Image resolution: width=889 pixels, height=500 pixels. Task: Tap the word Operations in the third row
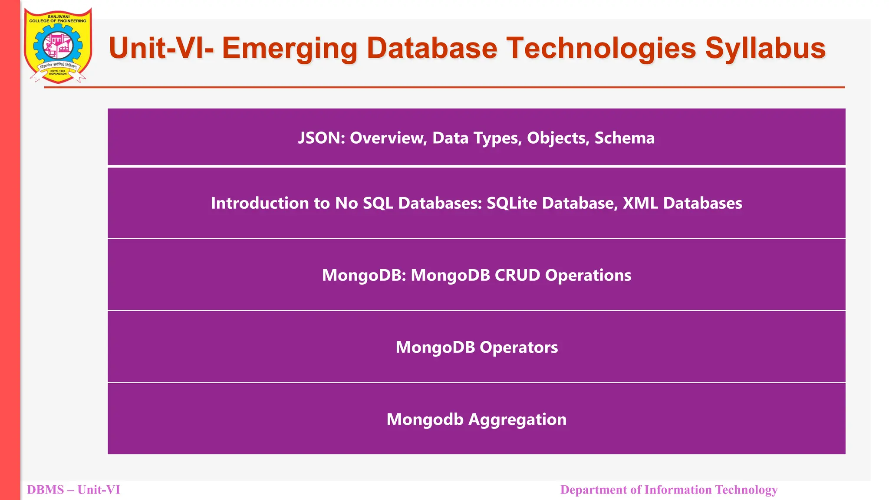click(588, 275)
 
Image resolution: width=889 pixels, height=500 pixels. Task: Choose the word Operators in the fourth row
click(519, 347)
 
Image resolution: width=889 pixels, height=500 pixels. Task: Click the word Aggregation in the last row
click(517, 420)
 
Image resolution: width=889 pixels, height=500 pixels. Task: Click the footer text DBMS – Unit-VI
click(73, 490)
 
